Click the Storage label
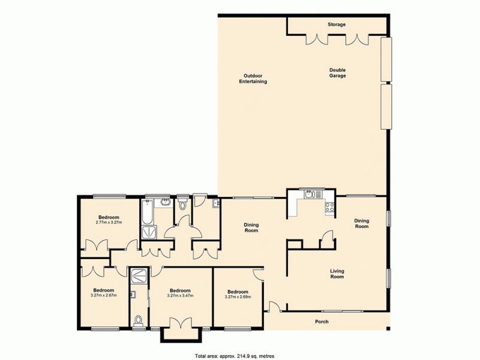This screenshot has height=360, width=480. tap(337, 25)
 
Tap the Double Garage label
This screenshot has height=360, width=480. tap(337, 73)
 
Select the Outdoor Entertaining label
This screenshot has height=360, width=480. tap(253, 79)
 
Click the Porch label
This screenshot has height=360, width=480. tap(322, 322)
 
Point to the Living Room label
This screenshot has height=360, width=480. tap(337, 274)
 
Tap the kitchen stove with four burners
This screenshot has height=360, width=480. tap(329, 208)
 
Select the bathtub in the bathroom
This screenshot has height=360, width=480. tap(148, 212)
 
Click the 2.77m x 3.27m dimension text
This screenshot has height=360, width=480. tap(109, 223)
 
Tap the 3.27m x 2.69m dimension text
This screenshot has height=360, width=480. tap(238, 296)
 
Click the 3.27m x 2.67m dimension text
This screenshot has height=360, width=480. tap(104, 295)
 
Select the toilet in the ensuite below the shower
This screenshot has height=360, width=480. tap(139, 320)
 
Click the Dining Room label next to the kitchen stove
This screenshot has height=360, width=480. tap(361, 223)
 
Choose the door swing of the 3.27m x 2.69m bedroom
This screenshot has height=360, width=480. tap(258, 274)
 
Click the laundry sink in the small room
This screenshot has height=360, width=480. tap(215, 204)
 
